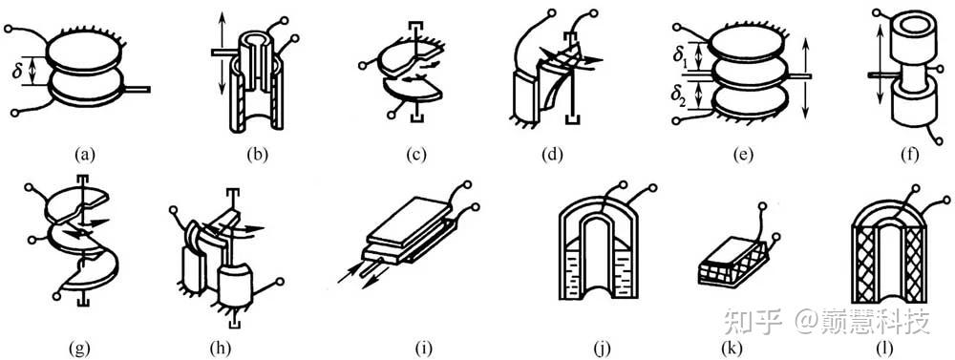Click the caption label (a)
85,156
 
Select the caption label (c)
416,156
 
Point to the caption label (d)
552,156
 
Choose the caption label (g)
80,349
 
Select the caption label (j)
601,349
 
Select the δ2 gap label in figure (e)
683,96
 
